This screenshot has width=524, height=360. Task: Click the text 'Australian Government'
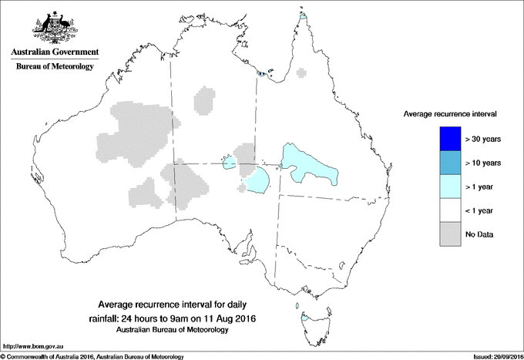(54, 53)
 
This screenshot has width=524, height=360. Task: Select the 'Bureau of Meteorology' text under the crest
(54, 67)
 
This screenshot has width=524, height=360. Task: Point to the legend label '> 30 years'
(483, 140)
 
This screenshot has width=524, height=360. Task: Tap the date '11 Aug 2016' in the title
(230, 318)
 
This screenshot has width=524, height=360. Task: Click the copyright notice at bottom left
(92, 356)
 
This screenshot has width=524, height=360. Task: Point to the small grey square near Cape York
(301, 74)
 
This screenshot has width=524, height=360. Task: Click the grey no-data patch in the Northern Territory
(204, 101)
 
